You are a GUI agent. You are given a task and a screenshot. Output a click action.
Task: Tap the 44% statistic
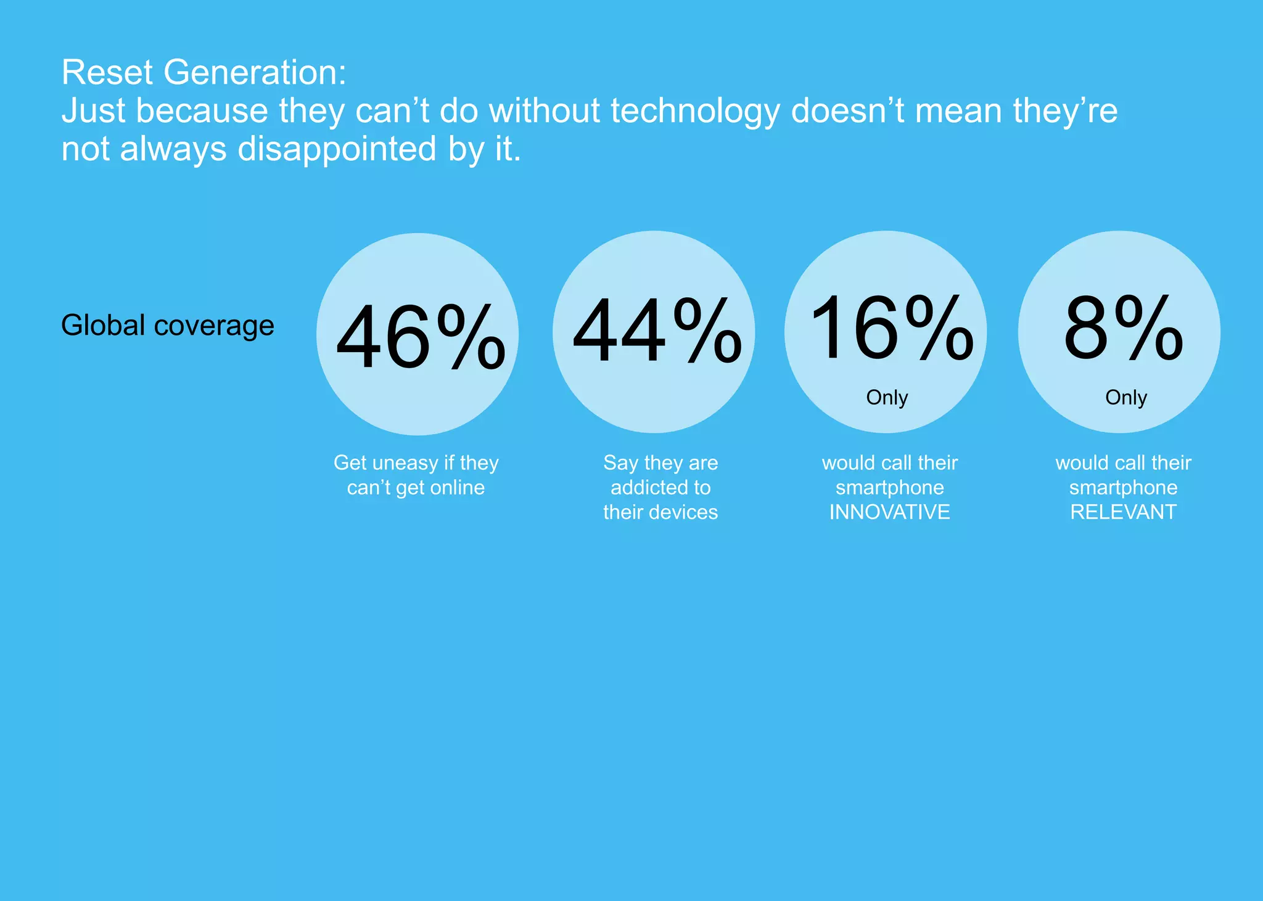click(657, 331)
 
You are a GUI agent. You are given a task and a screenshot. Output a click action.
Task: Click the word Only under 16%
click(887, 398)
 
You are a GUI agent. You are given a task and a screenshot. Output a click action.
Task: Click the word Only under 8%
click(1125, 398)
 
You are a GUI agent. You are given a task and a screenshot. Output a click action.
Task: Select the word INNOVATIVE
click(889, 512)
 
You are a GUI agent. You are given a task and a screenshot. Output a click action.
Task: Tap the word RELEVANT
click(1123, 512)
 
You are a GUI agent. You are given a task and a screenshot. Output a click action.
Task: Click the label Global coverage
click(167, 326)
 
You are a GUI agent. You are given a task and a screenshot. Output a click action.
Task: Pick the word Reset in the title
click(107, 73)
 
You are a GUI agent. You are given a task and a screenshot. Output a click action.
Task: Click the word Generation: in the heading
click(255, 73)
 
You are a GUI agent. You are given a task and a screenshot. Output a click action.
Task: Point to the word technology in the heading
click(695, 112)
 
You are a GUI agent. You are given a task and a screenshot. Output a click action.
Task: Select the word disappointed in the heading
click(337, 149)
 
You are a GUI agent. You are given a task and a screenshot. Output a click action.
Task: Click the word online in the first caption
click(457, 488)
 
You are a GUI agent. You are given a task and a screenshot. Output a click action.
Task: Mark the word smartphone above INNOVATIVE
click(889, 488)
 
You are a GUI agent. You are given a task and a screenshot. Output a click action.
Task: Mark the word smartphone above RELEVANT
click(1123, 488)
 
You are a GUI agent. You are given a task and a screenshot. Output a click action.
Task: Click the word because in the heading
click(202, 112)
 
